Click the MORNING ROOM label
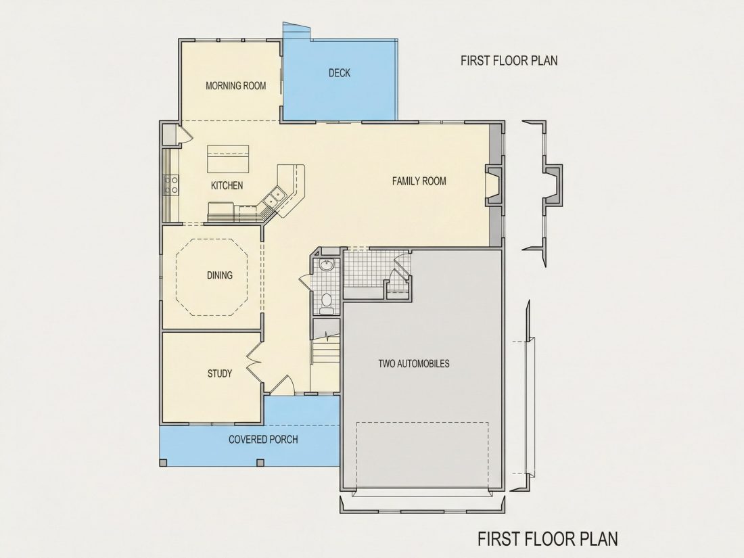[236, 86]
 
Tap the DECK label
[340, 72]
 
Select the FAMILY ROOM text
[419, 181]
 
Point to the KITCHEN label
[227, 185]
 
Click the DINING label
[220, 275]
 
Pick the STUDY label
[220, 373]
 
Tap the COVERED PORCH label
[263, 440]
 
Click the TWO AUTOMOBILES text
[414, 364]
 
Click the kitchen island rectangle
[228, 160]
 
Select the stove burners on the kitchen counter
[171, 185]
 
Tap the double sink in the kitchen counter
[274, 197]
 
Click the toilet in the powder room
[327, 303]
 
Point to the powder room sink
[327, 265]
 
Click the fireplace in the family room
[493, 185]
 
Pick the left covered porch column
[164, 462]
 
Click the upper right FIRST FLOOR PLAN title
[509, 61]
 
